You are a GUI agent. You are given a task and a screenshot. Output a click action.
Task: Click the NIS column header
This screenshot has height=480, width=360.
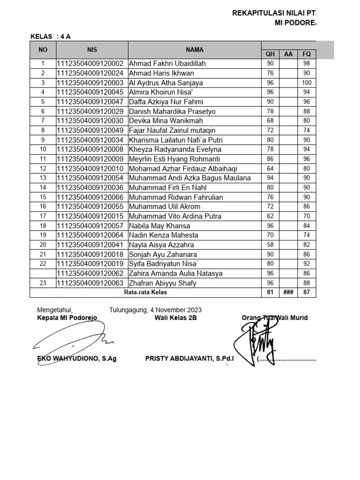pyautogui.click(x=91, y=49)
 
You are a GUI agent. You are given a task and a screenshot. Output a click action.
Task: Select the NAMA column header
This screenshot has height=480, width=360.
pyautogui.click(x=194, y=49)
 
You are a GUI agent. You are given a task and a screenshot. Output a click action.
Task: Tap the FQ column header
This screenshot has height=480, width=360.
pyautogui.click(x=307, y=54)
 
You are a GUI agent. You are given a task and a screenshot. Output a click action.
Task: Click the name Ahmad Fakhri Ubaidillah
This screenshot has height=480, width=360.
pyautogui.click(x=167, y=64)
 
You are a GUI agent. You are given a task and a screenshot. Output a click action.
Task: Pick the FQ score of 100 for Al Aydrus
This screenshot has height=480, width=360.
pyautogui.click(x=307, y=83)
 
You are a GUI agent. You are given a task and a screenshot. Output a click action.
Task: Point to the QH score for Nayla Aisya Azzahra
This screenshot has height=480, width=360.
pyautogui.click(x=270, y=245)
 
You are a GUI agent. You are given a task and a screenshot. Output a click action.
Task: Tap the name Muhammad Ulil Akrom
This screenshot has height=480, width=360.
pyautogui.click(x=165, y=207)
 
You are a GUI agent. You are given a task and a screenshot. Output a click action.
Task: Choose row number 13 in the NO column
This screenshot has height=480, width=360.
pyautogui.click(x=43, y=178)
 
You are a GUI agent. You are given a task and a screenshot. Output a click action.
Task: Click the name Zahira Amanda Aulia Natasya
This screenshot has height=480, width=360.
pyautogui.click(x=175, y=273)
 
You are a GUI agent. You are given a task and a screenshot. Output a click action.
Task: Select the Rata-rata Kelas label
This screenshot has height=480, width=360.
pyautogui.click(x=145, y=292)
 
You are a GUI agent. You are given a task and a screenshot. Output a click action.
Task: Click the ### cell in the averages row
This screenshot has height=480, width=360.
pyautogui.click(x=288, y=292)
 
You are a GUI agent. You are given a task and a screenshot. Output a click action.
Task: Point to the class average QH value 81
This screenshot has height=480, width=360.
pyautogui.click(x=270, y=292)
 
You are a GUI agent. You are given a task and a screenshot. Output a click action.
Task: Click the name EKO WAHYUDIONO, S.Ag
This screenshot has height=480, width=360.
pyautogui.click(x=77, y=359)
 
